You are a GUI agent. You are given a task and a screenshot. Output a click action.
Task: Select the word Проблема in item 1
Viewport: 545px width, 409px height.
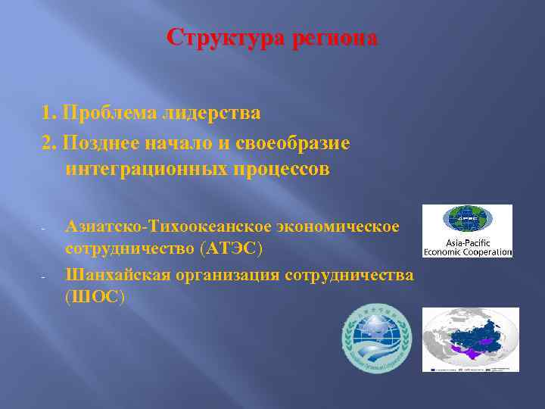coord(111,114)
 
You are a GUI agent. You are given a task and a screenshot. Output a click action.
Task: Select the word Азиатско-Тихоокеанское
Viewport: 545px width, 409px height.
coord(170,226)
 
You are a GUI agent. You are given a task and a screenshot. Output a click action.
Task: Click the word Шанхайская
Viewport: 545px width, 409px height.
coord(117,274)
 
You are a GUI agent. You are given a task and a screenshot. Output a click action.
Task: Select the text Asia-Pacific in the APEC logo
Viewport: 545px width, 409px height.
coord(467,242)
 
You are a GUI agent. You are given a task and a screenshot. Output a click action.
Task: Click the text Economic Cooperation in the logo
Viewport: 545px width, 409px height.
coord(467,251)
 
